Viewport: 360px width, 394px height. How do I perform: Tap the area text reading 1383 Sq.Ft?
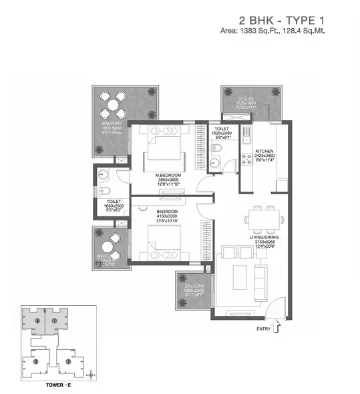(273, 31)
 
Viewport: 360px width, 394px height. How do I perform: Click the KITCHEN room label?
(266, 152)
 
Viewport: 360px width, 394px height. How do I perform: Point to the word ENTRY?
(263, 329)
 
